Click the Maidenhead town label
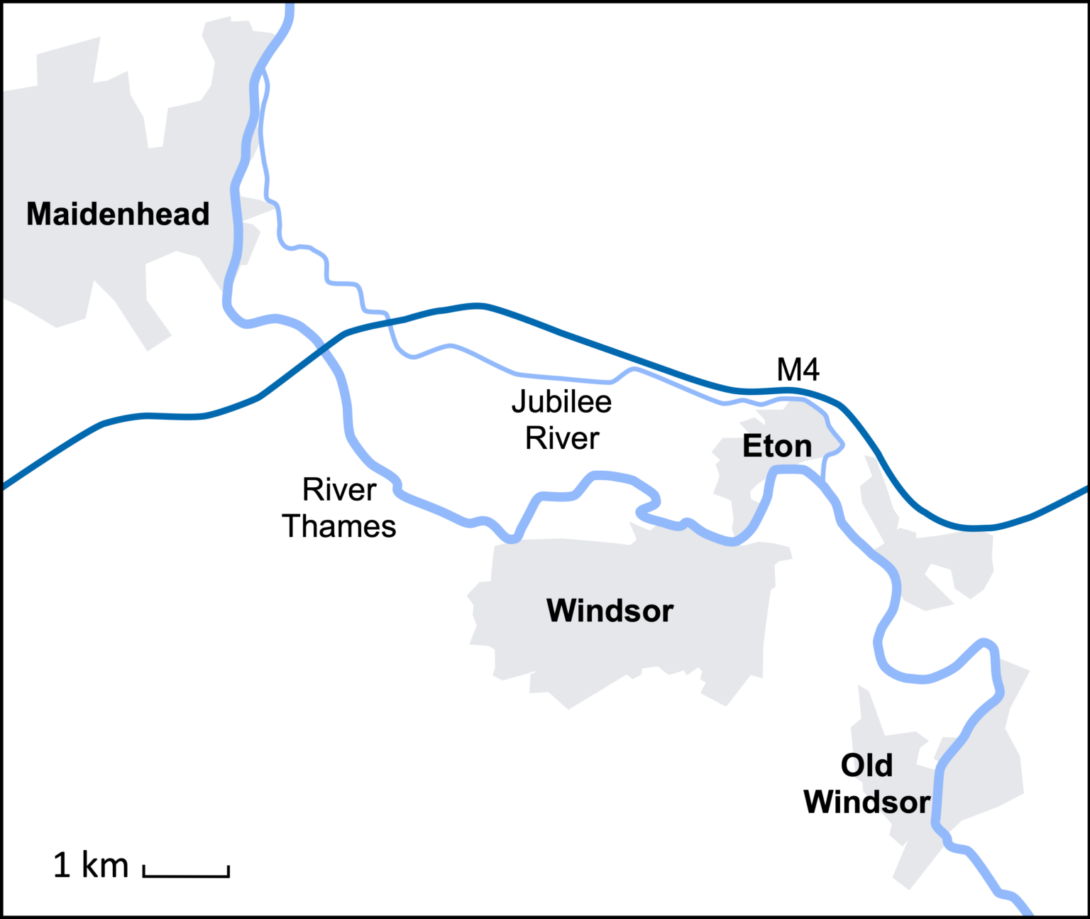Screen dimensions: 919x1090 (118, 214)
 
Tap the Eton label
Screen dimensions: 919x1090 (777, 446)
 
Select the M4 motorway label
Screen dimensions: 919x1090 (798, 369)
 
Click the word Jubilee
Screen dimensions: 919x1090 (561, 402)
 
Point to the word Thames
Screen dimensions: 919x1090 (339, 526)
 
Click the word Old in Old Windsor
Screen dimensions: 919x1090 (866, 766)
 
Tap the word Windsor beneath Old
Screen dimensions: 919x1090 (866, 802)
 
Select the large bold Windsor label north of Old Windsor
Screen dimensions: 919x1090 (610, 611)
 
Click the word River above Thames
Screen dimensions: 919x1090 (339, 489)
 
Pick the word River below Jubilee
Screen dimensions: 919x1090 (562, 438)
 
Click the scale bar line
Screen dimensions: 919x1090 (186, 875)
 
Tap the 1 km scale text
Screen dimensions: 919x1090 (91, 865)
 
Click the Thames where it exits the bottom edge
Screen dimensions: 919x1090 (1026, 912)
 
